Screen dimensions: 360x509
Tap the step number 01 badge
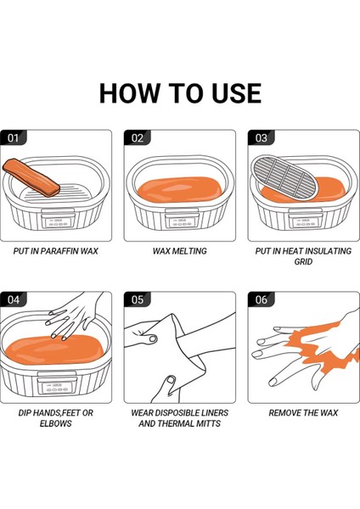(13, 137)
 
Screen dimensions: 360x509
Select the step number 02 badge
(137, 137)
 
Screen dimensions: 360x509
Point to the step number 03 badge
(262, 137)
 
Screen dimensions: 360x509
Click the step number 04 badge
(13, 299)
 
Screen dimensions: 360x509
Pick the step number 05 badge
(137, 299)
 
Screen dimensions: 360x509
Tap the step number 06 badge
(262, 299)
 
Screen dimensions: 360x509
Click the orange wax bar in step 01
(31, 177)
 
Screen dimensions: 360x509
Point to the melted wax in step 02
(180, 189)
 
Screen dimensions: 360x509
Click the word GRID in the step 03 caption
(303, 261)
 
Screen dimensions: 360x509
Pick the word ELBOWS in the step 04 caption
(55, 423)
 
